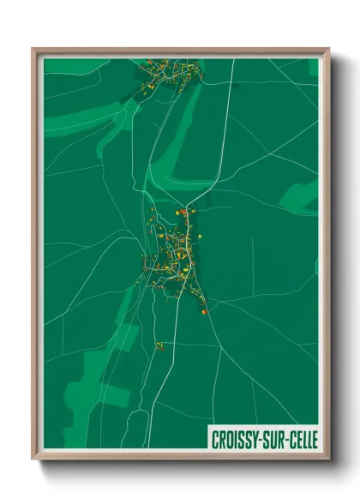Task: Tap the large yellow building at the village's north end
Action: click(x=181, y=211)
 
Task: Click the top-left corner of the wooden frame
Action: click(x=33, y=49)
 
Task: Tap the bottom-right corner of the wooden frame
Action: click(x=328, y=459)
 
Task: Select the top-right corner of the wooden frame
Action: click(x=328, y=49)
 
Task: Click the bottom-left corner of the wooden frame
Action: click(x=33, y=459)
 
